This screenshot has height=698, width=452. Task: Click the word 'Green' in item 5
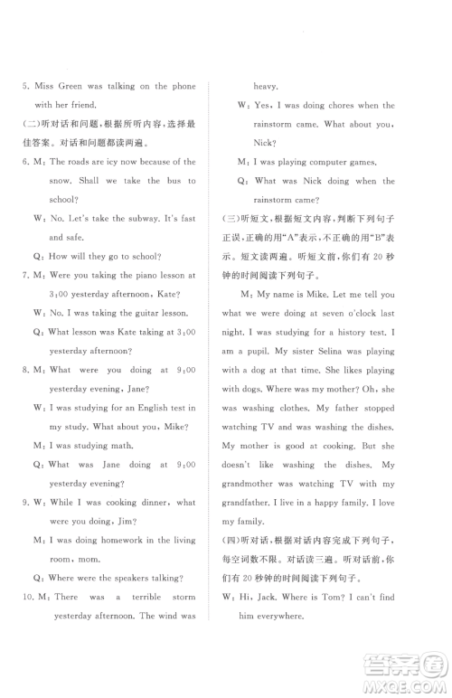point(71,86)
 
